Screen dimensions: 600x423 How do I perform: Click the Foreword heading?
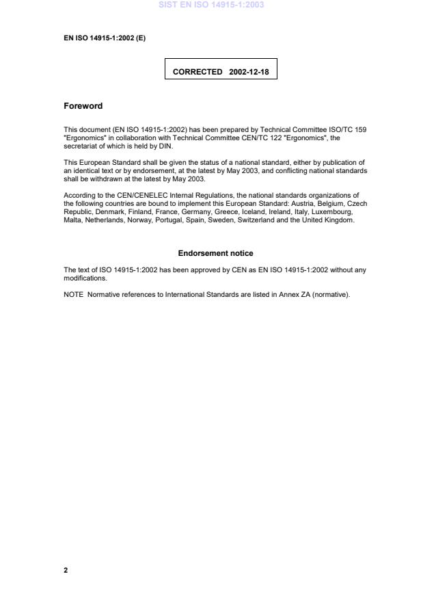(83, 106)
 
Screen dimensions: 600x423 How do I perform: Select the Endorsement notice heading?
(215, 253)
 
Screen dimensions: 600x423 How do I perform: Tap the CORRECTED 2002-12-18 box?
(221, 71)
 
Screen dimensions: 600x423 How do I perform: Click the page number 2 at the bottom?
(66, 570)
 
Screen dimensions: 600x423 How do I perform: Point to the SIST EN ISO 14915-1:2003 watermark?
(211, 5)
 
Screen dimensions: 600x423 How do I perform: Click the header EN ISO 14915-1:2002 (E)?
(105, 38)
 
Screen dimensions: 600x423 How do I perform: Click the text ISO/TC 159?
(350, 129)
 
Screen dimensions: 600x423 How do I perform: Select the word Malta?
(73, 220)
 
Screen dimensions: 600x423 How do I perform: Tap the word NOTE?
(73, 295)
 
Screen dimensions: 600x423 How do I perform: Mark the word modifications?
(85, 278)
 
